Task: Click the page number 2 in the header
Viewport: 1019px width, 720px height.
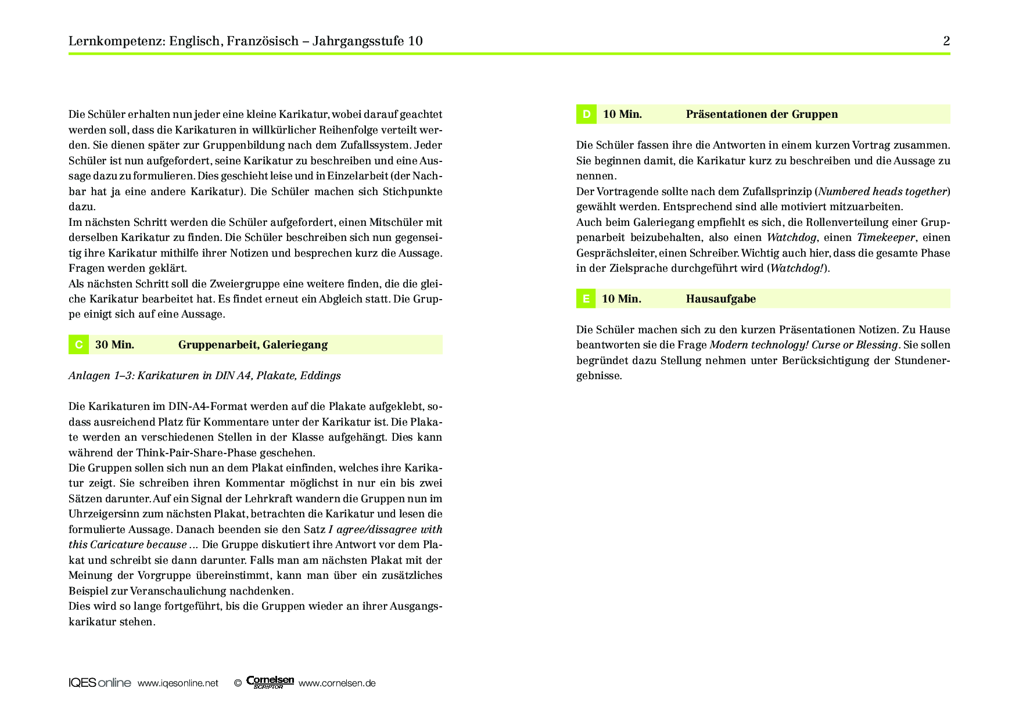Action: point(946,41)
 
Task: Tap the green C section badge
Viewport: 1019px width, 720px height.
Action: point(78,344)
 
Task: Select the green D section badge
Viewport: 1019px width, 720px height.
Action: point(586,114)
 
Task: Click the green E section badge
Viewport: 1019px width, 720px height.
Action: point(586,299)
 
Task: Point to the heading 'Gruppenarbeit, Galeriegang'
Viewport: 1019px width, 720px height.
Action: point(253,345)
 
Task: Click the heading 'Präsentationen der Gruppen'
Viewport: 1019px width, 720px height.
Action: point(762,114)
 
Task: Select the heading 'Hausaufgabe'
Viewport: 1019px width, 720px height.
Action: point(720,299)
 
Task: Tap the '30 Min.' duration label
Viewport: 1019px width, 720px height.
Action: point(114,345)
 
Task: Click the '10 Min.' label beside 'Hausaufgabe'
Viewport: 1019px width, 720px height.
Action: point(622,299)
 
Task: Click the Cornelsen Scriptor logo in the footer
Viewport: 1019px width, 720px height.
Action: point(270,682)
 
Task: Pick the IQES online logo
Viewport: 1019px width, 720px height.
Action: point(99,683)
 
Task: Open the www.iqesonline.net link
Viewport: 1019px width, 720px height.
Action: point(178,683)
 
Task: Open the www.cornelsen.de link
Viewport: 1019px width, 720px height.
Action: point(337,683)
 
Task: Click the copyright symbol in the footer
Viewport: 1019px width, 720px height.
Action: point(238,683)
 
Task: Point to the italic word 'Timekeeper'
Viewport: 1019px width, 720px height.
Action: point(885,237)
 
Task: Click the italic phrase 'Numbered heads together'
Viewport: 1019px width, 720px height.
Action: point(882,192)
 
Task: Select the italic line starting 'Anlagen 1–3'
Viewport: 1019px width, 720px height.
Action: point(204,376)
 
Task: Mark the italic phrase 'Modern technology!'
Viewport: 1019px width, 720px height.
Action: point(758,345)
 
